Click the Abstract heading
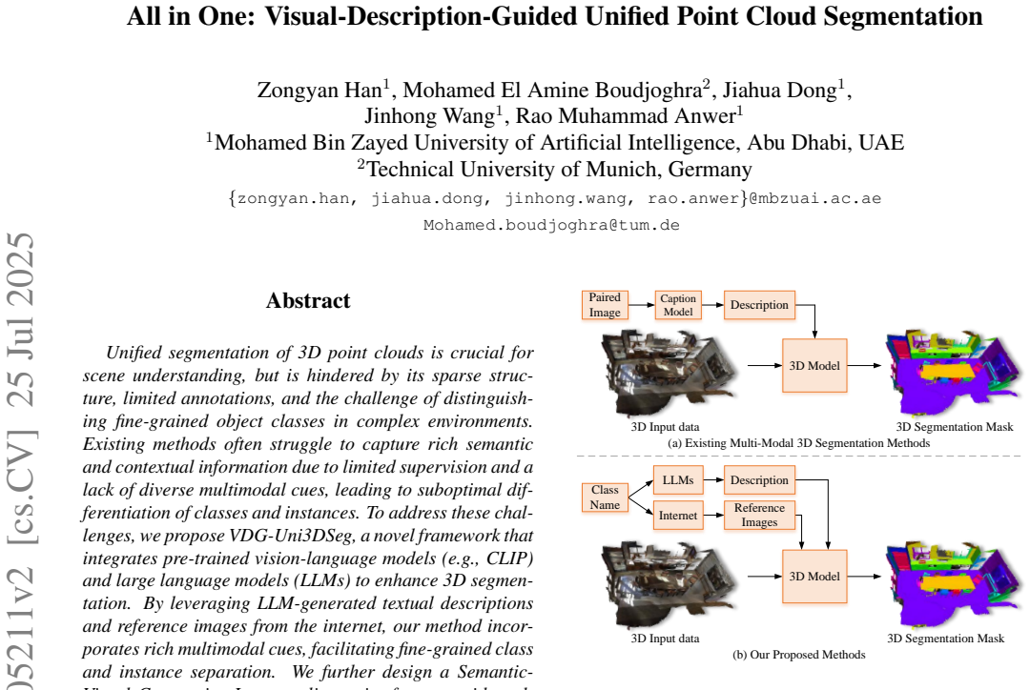pos(308,301)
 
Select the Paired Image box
pos(605,305)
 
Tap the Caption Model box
pos(678,305)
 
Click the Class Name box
pos(605,497)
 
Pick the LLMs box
pos(678,480)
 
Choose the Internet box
pos(678,516)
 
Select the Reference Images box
pos(759,516)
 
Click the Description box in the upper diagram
pos(759,305)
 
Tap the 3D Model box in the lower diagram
pos(814,577)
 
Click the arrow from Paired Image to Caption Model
pos(642,305)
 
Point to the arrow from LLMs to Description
pos(713,480)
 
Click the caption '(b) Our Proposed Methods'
pos(799,655)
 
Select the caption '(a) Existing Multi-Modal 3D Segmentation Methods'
pos(799,443)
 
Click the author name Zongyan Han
pos(319,90)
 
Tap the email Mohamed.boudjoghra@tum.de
pos(552,225)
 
